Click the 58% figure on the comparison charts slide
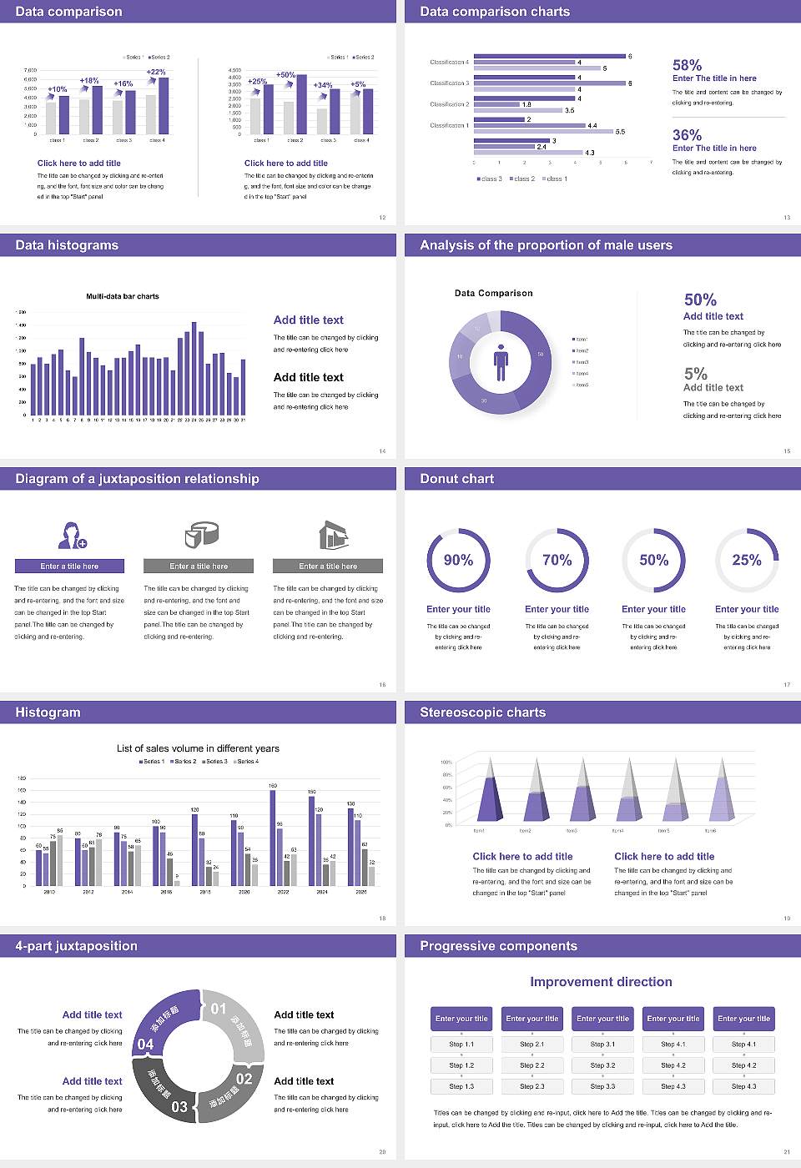coord(687,65)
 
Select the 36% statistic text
coord(687,135)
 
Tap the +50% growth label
coord(285,75)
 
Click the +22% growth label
coord(156,73)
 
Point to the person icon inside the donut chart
coord(501,361)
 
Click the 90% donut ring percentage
coord(458,560)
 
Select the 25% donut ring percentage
coord(747,560)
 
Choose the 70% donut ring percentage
coord(557,560)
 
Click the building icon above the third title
coord(333,535)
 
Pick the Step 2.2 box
coord(532,1065)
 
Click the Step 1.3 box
coord(461,1086)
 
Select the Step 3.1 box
coord(602,1045)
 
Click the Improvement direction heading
coord(601,982)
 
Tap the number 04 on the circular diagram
coord(145,1045)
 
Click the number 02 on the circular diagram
coord(244,1079)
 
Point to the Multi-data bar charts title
coord(123,296)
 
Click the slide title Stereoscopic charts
coord(482,712)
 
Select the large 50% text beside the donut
coord(700,300)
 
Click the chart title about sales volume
coord(198,748)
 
